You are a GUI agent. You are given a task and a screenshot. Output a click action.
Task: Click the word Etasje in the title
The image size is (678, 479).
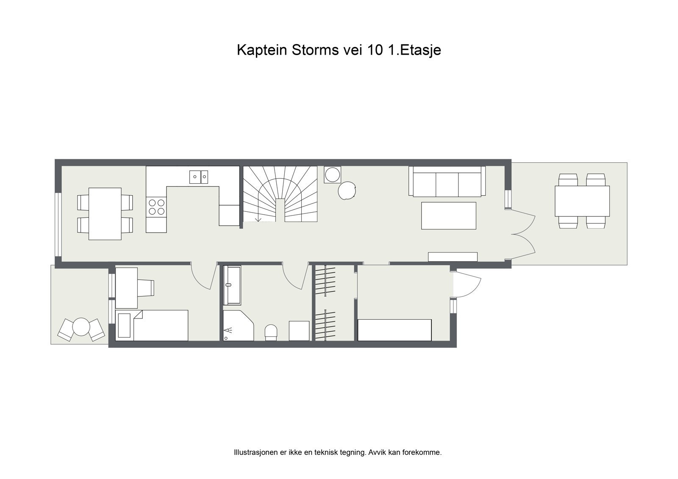click(420, 50)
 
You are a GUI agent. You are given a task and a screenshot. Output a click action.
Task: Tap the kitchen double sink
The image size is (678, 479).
click(199, 177)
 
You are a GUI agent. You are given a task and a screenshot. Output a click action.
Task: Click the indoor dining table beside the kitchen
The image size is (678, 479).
click(105, 213)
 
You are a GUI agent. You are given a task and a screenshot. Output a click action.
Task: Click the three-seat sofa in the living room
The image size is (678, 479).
click(447, 181)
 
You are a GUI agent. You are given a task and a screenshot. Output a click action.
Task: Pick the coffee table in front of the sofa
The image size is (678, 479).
click(448, 216)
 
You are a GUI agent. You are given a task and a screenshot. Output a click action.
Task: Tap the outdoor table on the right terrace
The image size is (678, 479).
click(582, 201)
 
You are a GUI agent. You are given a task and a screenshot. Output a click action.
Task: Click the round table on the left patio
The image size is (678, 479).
click(81, 327)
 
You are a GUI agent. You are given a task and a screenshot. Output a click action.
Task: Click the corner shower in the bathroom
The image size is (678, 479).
click(238, 326)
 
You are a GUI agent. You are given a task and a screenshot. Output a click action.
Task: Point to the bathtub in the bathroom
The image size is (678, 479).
click(232, 285)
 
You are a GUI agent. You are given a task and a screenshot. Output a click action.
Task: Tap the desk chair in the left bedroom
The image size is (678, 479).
click(145, 288)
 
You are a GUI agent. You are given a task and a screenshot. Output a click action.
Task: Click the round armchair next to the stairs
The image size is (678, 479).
click(347, 190)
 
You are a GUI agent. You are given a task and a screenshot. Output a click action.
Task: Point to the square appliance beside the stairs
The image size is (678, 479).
click(332, 174)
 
